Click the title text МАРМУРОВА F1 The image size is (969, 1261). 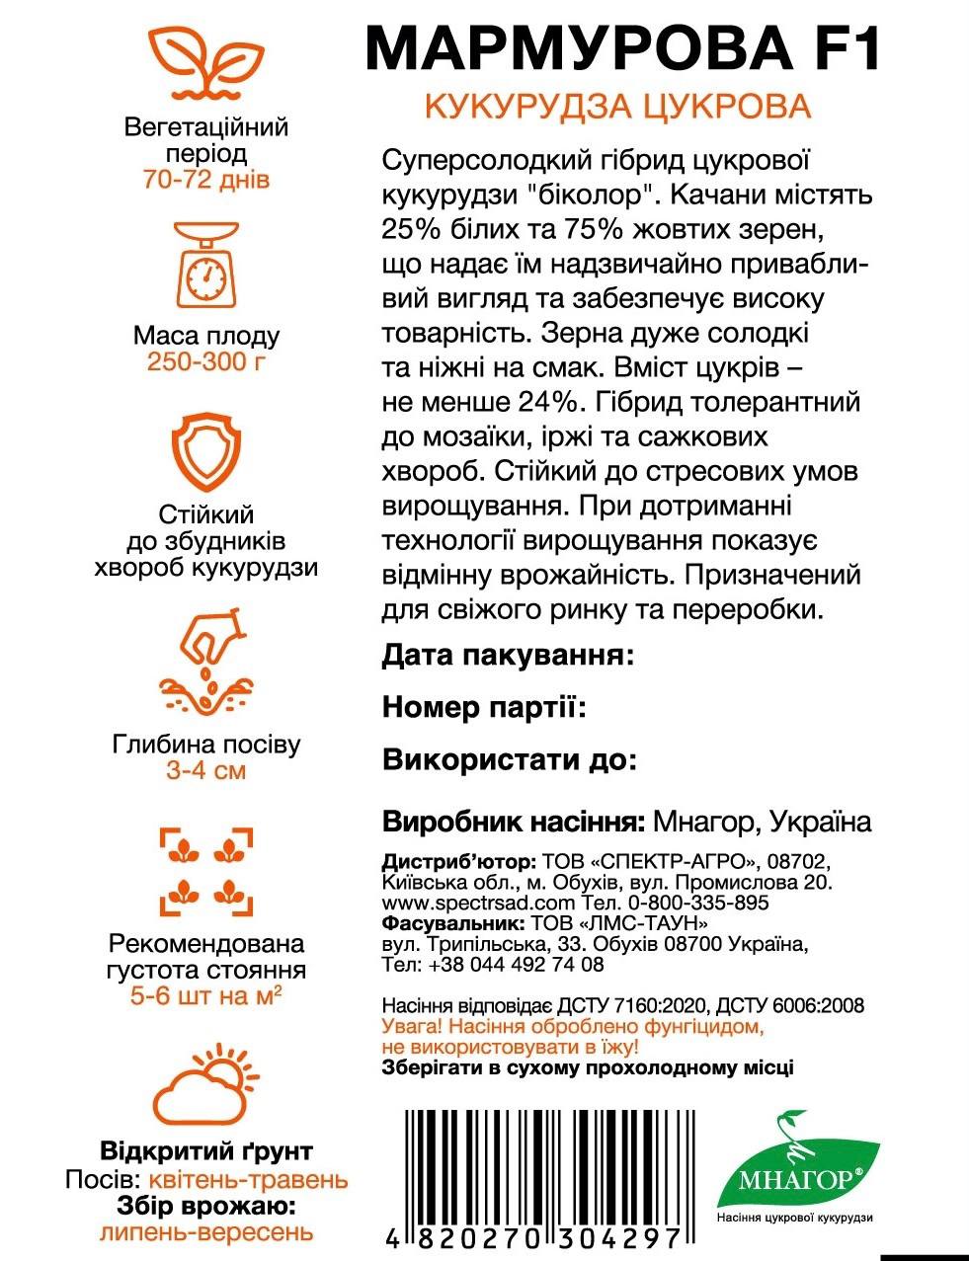point(621,46)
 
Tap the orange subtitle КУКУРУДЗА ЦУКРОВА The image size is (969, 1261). point(617,107)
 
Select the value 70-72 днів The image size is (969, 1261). point(206,181)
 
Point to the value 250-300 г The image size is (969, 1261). point(206,361)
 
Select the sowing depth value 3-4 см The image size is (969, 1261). point(206,770)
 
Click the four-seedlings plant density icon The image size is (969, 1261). point(206,870)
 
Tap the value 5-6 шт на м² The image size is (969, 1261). point(206,996)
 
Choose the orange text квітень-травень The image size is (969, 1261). point(248,1180)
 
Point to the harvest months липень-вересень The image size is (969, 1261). point(206,1232)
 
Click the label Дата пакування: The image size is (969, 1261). point(507,656)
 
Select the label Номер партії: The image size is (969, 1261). point(484,707)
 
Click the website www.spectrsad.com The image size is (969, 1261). point(478,903)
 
